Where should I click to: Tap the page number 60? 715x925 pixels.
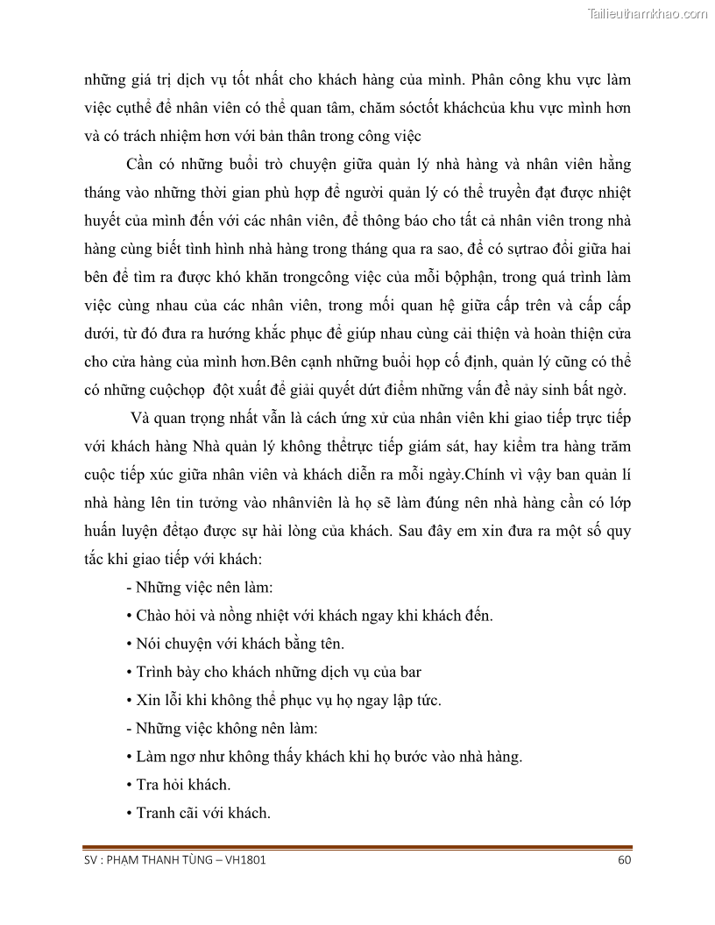[624, 859]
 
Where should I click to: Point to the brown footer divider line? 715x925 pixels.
[357, 847]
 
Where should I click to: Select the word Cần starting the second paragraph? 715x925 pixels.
[141, 164]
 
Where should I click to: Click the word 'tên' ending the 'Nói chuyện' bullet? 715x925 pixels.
[333, 643]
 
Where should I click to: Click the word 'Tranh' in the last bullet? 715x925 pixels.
[157, 812]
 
